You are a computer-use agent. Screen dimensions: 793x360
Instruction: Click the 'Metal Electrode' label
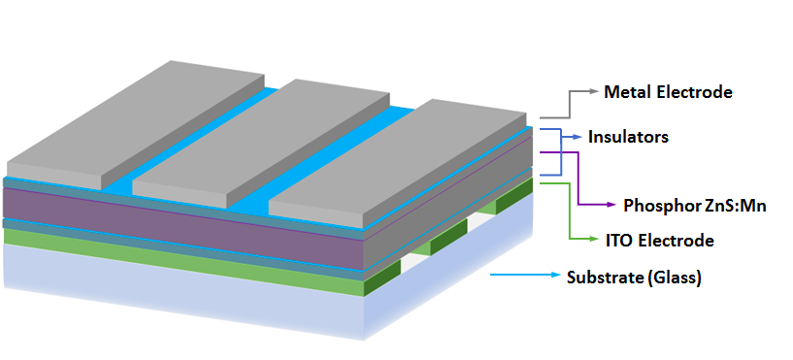point(668,92)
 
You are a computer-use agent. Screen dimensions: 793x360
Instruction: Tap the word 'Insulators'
point(628,137)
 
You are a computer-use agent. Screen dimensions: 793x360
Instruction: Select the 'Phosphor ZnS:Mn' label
point(695,206)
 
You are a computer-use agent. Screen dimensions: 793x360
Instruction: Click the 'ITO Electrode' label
point(660,241)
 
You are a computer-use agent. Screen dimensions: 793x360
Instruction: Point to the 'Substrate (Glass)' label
point(634,278)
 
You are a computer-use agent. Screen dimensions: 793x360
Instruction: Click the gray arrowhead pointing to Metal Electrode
point(593,91)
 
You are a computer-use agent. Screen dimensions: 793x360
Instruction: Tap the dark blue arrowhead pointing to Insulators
point(578,137)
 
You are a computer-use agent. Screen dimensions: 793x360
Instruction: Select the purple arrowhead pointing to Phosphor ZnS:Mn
point(611,205)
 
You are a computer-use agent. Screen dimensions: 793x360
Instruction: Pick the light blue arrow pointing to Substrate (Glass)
point(526,275)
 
